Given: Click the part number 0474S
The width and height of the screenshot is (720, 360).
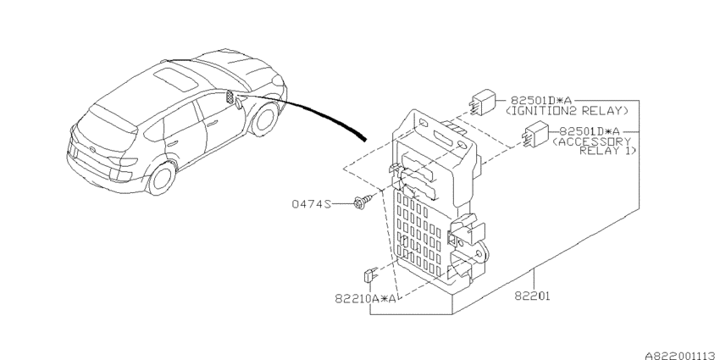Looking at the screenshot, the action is pyautogui.click(x=311, y=203).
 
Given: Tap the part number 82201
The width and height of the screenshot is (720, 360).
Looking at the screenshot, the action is pyautogui.click(x=532, y=296).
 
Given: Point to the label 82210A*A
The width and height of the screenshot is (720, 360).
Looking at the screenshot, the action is pyautogui.click(x=366, y=299).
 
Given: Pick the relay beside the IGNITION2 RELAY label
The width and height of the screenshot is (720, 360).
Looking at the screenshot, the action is pyautogui.click(x=482, y=102).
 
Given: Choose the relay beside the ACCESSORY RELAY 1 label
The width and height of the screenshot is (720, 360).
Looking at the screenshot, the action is pyautogui.click(x=534, y=134).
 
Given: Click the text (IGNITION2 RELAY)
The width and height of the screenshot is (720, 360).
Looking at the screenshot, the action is pyautogui.click(x=567, y=111).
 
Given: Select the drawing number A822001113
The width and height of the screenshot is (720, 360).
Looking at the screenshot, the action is pyautogui.click(x=681, y=356).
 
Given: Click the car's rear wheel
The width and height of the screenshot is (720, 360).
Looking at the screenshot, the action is pyautogui.click(x=162, y=178).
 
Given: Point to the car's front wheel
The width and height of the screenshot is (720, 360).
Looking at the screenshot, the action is pyautogui.click(x=265, y=119).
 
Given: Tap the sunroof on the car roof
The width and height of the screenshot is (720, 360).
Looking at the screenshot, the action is pyautogui.click(x=176, y=79).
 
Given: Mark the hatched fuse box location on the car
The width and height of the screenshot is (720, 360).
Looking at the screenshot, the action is pyautogui.click(x=230, y=97).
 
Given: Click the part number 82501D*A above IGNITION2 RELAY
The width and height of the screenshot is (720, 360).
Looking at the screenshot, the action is pyautogui.click(x=540, y=101).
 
